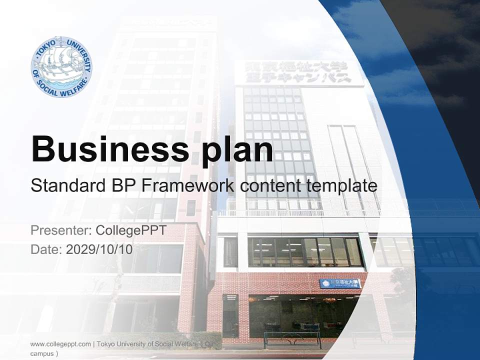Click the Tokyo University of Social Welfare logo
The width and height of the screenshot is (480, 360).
(61, 67)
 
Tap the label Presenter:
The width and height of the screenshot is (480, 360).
(59, 230)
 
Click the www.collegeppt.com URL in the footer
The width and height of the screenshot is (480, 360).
(60, 344)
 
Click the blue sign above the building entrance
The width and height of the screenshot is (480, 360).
(340, 283)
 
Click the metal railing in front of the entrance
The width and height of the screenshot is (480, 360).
(292, 338)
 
